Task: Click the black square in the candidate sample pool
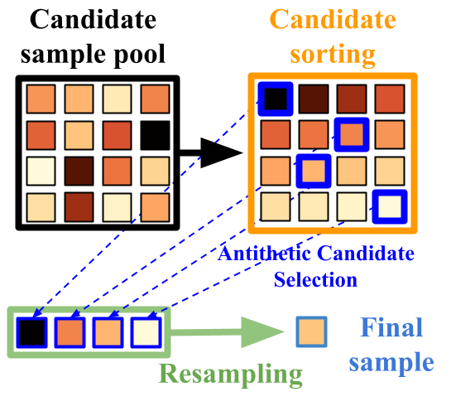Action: [156, 135]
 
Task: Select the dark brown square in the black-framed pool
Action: [79, 171]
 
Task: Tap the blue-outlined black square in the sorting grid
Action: [276, 99]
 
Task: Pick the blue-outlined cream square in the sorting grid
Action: [390, 206]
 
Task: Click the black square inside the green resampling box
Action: [31, 332]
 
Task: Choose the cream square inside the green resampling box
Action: [146, 332]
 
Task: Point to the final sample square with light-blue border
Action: [312, 331]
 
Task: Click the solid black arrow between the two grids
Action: [211, 153]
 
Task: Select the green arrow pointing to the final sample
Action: [228, 332]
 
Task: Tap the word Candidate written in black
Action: [93, 20]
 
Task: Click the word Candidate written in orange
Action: [333, 19]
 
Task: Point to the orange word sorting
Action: [333, 54]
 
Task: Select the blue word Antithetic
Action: [264, 254]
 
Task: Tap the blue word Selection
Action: [315, 279]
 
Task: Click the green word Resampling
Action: [231, 374]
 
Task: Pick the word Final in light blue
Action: [391, 327]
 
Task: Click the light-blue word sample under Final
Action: [391, 362]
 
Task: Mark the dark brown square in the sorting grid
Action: [314, 99]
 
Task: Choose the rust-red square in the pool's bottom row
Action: [79, 207]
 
